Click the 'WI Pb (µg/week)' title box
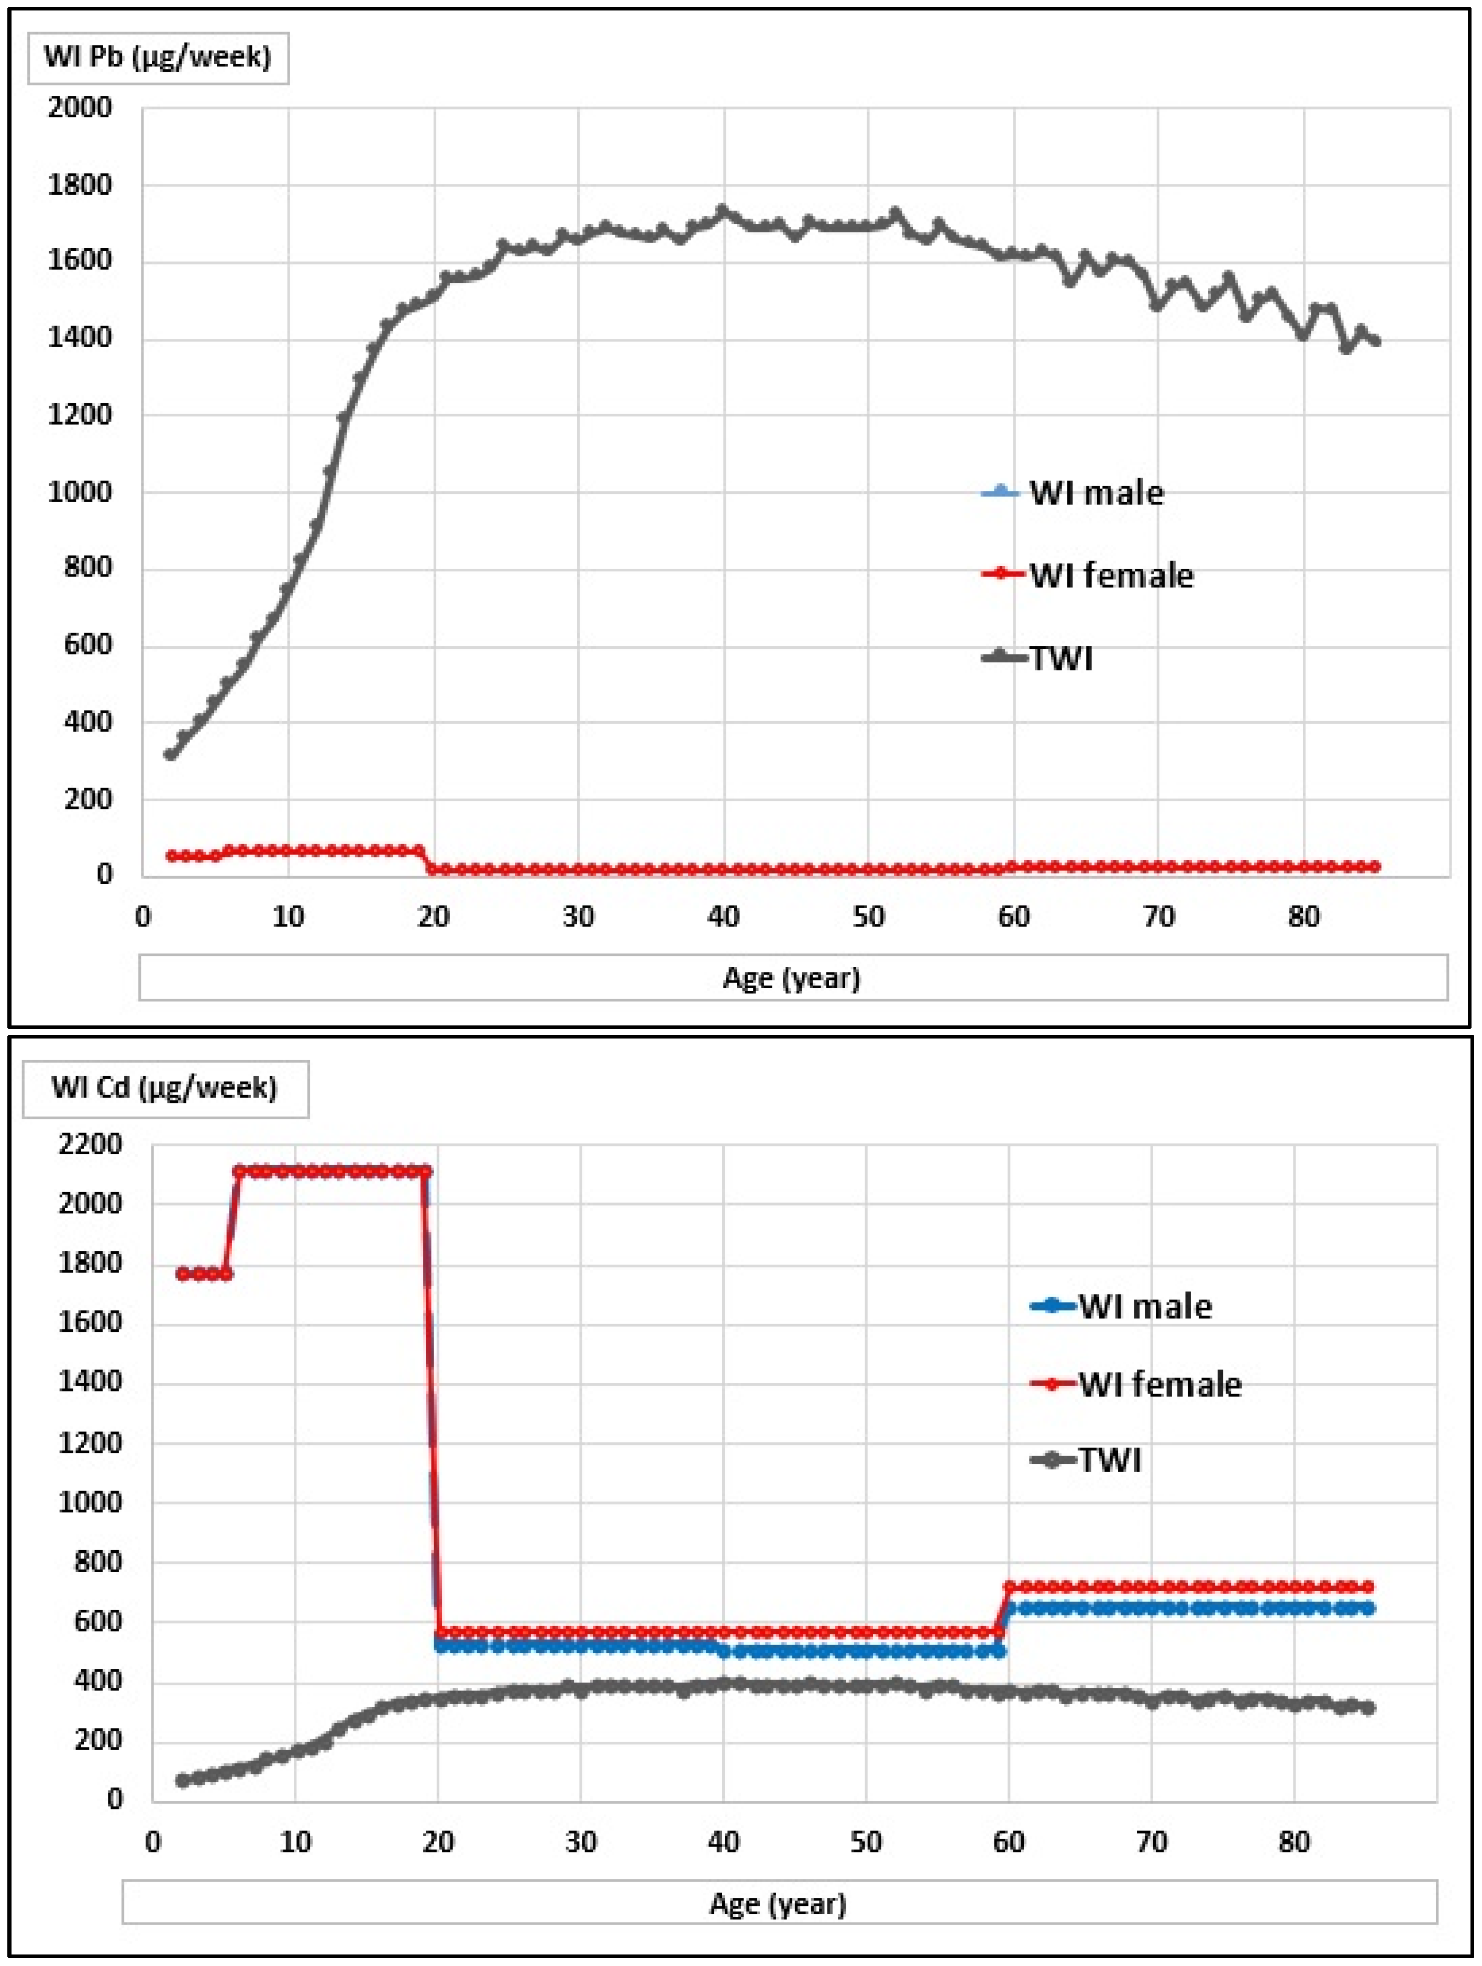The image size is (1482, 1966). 157,58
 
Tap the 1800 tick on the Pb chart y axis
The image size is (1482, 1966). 80,185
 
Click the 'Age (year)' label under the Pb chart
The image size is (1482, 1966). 791,978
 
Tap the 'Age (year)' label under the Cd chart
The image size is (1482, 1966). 778,1904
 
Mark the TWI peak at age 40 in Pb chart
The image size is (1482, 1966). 722,212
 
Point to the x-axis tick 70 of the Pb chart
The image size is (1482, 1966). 1158,916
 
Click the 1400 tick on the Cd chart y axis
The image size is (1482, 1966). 90,1381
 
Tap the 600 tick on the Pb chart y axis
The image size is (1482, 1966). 87,644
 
